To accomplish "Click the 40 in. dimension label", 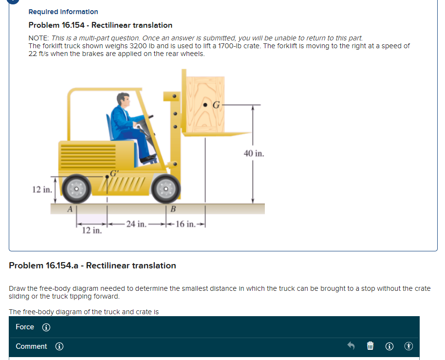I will tap(254, 153).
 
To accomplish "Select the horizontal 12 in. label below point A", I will tap(92, 230).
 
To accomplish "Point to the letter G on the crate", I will tap(216, 104).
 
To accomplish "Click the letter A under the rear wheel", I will tap(70, 209).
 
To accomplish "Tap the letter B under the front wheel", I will tap(173, 209).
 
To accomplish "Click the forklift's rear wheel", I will tap(76, 189).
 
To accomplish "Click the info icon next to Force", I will tap(46, 327).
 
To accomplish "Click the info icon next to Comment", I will tap(59, 347).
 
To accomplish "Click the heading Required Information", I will tap(63, 12).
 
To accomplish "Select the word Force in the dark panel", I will tap(25, 327).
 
